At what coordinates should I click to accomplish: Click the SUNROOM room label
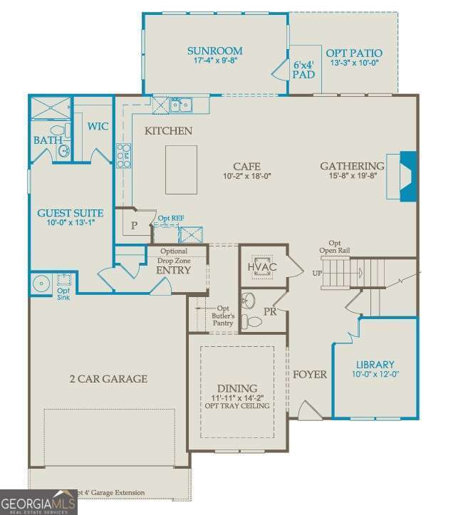[x=214, y=51]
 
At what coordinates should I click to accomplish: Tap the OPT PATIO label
[x=353, y=53]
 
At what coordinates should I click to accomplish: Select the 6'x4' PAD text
[x=303, y=69]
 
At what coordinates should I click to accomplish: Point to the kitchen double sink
[x=183, y=106]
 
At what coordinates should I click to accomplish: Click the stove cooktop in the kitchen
[x=124, y=155]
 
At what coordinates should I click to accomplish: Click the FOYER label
[x=309, y=374]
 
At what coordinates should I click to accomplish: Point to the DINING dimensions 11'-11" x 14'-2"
[x=237, y=397]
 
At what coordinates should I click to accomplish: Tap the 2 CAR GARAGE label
[x=108, y=378]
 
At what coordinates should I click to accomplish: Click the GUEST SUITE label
[x=70, y=213]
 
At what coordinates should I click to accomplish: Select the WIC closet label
[x=98, y=126]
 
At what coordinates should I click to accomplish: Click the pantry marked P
[x=134, y=226]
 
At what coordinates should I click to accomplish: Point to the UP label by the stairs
[x=317, y=273]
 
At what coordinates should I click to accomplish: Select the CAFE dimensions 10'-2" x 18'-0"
[x=246, y=176]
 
